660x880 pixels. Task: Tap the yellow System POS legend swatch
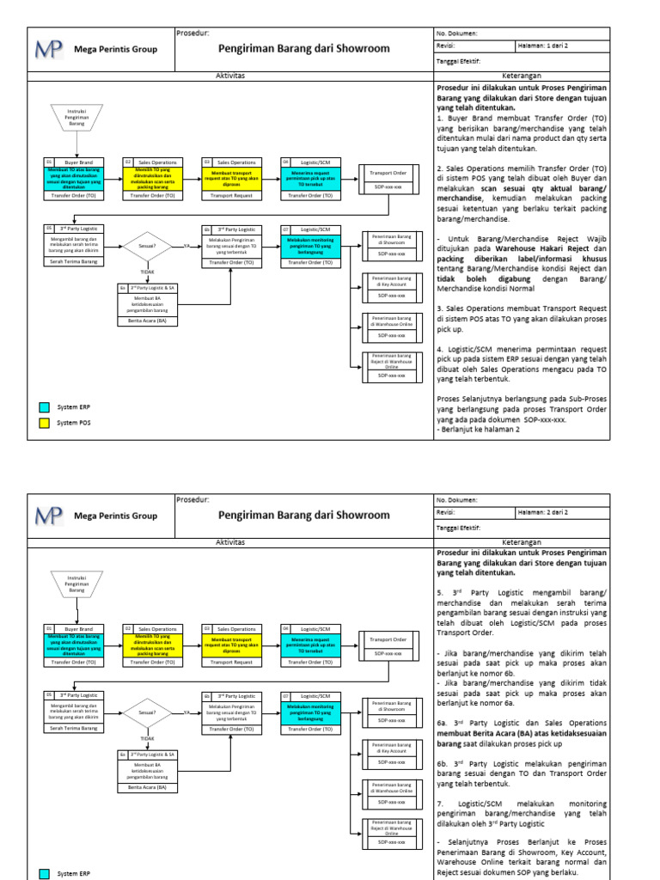[x=45, y=423]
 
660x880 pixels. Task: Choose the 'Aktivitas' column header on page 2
[x=229, y=541]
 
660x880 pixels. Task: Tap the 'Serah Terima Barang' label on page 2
[x=73, y=727]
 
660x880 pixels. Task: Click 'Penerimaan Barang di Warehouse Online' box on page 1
[x=391, y=321]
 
